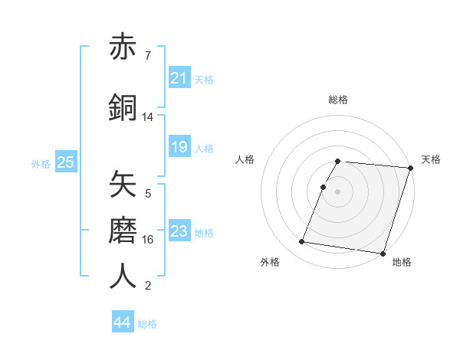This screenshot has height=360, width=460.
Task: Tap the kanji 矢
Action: pyautogui.click(x=123, y=185)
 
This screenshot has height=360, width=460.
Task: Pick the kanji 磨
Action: pyautogui.click(x=123, y=231)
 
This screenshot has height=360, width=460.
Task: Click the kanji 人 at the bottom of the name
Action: pyautogui.click(x=123, y=277)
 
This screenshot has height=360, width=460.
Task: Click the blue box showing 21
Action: pyautogui.click(x=179, y=78)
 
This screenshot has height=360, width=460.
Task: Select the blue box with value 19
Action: pyautogui.click(x=179, y=147)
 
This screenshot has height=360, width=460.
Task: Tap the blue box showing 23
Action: pyautogui.click(x=179, y=231)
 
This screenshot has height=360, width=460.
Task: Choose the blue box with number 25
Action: pyautogui.click(x=65, y=162)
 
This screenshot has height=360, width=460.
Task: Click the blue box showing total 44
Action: pyautogui.click(x=123, y=322)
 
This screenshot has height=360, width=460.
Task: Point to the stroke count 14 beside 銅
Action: pyautogui.click(x=148, y=117)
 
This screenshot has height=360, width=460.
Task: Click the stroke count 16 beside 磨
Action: pyautogui.click(x=148, y=240)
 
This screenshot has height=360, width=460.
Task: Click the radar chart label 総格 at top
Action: pyautogui.click(x=338, y=100)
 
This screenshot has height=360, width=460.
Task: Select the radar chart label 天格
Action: pyautogui.click(x=431, y=159)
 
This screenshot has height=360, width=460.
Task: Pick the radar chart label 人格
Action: pyautogui.click(x=245, y=159)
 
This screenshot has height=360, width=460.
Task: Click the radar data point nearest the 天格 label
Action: pyautogui.click(x=411, y=168)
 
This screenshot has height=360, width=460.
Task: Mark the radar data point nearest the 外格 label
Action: pyautogui.click(x=302, y=242)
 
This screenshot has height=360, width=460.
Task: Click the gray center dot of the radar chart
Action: pyautogui.click(x=338, y=191)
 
